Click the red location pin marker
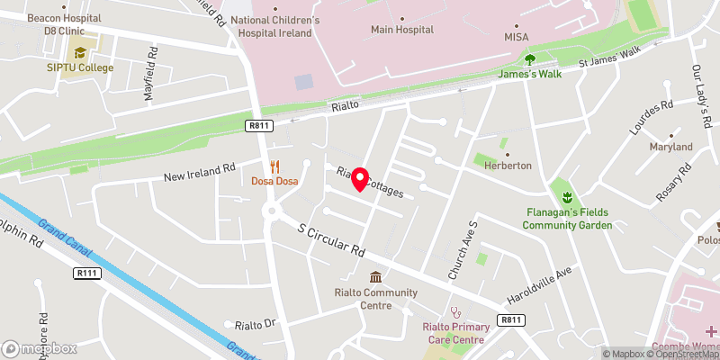[x=360, y=179]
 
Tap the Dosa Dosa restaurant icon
[x=275, y=166]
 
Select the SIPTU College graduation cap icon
[x=80, y=53]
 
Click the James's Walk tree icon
[x=530, y=59]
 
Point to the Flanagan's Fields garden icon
[x=567, y=197]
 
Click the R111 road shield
[x=86, y=274]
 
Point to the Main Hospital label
[x=402, y=30]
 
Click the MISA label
[x=516, y=36]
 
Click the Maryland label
[x=670, y=147]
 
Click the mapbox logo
[x=40, y=348]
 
